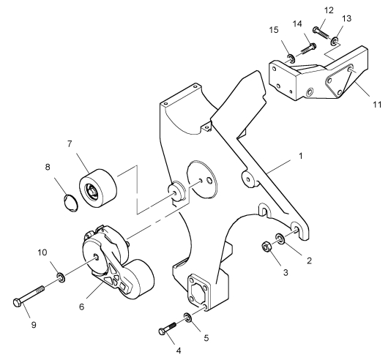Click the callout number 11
377,105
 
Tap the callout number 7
70,144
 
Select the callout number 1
301,156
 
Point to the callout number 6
82,307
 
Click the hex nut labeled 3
266,247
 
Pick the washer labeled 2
280,238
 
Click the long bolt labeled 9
29,295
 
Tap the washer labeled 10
61,277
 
